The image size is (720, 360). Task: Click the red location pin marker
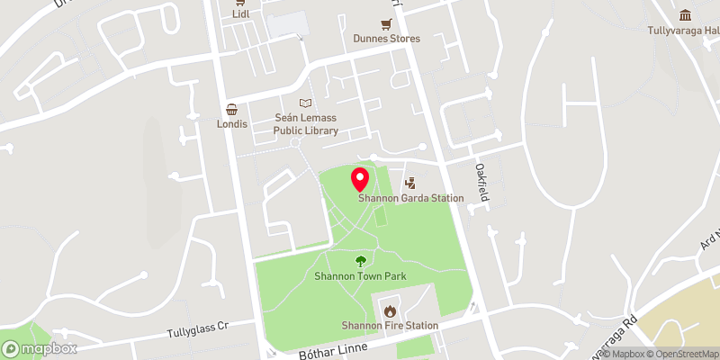tap(359, 178)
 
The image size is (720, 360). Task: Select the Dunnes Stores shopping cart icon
tap(386, 24)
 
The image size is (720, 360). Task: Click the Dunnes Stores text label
tap(386, 39)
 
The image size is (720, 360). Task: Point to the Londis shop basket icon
tap(232, 109)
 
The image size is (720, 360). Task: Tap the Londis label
tap(232, 123)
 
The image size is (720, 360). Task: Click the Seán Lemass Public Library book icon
tap(306, 103)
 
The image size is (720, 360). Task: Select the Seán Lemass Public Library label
tap(306, 124)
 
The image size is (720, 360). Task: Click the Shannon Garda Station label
tap(411, 198)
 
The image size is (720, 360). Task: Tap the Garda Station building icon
tap(411, 184)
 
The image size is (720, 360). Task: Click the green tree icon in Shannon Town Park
tap(361, 261)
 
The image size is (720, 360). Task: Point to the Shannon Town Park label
tap(361, 275)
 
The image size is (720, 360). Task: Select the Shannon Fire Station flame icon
tap(390, 310)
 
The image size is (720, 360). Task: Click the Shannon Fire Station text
tap(390, 325)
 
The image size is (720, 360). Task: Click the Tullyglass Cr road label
tap(199, 332)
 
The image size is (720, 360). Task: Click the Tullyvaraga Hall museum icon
tap(686, 15)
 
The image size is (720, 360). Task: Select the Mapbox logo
tap(39, 348)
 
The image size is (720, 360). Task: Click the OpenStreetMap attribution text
tap(677, 353)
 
